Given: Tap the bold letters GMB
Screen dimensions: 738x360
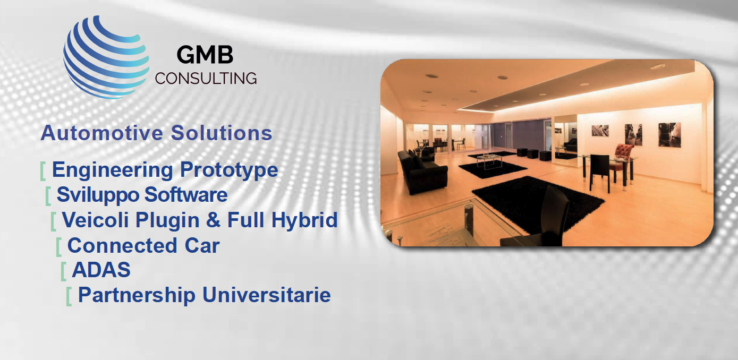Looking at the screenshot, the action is coord(205,55).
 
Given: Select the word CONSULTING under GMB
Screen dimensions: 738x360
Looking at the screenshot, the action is coord(206,79).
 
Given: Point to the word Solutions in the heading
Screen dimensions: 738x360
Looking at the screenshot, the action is coord(222,133).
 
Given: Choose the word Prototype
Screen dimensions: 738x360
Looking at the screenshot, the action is coord(229,170).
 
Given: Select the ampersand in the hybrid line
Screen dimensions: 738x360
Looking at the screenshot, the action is coord(214,220).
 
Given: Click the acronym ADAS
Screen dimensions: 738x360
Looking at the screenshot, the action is coord(101,270).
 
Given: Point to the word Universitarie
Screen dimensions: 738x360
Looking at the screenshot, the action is coord(267,295).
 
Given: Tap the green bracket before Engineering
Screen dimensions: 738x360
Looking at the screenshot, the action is coord(43,171).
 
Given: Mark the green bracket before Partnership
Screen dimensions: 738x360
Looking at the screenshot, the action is coord(69,296).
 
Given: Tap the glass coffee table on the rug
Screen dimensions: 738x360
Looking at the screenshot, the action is coord(489,160).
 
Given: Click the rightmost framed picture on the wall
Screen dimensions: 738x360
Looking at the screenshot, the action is coord(669,134).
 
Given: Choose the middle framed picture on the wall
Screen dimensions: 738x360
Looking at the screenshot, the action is coord(633,134).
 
